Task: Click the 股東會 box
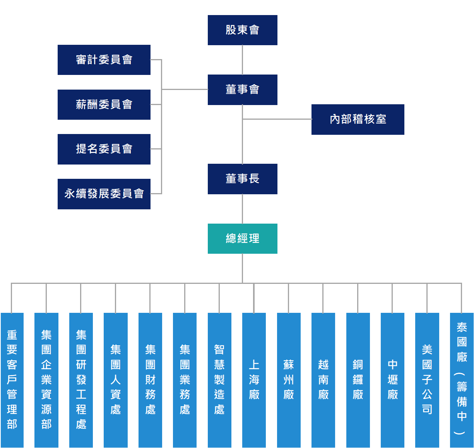tap(243, 30)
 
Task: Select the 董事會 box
tap(243, 90)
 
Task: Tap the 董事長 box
tap(243, 179)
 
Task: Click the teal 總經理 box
tap(243, 239)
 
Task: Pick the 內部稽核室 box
tap(358, 119)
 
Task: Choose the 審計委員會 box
tap(104, 60)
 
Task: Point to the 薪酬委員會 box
tap(104, 105)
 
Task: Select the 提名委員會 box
tap(104, 149)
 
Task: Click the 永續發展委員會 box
tap(104, 194)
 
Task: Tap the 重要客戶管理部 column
tap(12, 380)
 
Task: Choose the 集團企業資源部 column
tap(46, 380)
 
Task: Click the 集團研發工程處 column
tap(81, 380)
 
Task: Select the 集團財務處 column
tap(151, 380)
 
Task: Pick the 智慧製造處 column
tap(219, 380)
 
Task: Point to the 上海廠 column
tap(254, 380)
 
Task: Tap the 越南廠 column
tap(323, 380)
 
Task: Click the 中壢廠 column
tap(393, 380)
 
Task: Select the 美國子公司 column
tap(427, 380)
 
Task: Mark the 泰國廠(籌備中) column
tap(462, 380)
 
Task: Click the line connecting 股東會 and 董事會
tap(243, 60)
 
